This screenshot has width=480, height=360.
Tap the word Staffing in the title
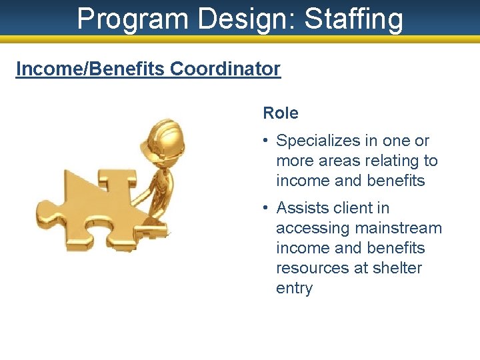[354, 19]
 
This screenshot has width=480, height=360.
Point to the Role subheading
[281, 113]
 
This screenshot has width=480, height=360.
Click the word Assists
[299, 208]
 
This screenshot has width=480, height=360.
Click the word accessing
[313, 228]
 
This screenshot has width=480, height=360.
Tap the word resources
[311, 268]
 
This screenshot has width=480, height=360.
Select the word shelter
[397, 268]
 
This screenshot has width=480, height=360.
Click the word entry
[294, 288]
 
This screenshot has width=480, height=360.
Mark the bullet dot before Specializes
[265, 141]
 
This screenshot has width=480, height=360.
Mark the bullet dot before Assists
[265, 209]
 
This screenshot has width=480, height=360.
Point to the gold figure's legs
[158, 200]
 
